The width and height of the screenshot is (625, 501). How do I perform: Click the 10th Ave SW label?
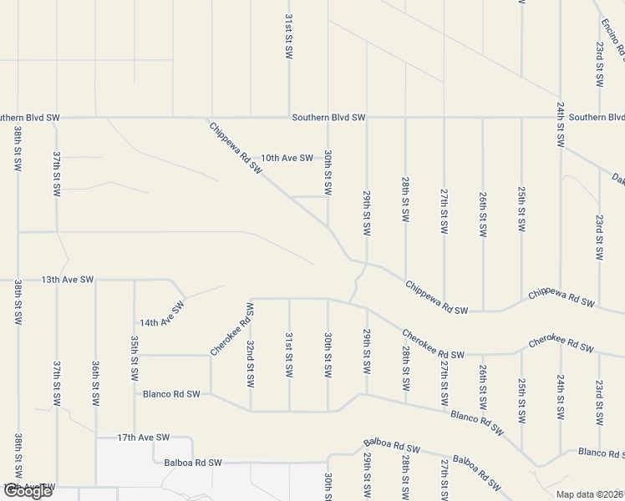coord(287,158)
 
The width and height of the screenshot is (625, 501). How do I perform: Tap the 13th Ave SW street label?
coord(68,280)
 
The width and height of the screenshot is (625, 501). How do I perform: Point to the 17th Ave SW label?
coord(143,437)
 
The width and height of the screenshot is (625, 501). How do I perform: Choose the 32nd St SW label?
coord(250,363)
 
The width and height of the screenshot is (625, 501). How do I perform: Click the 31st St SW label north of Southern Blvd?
coord(289,35)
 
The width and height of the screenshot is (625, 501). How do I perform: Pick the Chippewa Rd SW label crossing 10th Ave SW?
coord(236,146)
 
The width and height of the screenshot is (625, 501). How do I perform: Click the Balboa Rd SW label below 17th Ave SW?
coord(193,462)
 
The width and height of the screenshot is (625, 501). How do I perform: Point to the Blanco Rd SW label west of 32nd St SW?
coord(171,393)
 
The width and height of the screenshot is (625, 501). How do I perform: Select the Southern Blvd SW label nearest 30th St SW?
coord(328,118)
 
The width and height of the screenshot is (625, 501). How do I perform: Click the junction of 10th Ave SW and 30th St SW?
coord(328,158)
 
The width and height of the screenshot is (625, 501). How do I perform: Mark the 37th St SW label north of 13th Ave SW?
coord(57,173)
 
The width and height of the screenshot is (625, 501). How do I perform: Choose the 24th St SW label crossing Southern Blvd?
coord(560,124)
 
